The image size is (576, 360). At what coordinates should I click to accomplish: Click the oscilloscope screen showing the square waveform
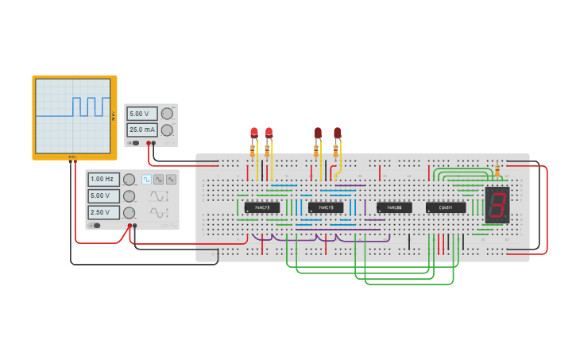point(73,116)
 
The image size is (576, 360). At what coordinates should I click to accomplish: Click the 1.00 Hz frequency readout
point(104,180)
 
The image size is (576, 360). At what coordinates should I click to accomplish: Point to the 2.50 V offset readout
point(104,212)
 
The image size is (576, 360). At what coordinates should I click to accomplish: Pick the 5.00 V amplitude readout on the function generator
point(104,195)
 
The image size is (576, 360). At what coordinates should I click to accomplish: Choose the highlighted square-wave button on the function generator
point(146,180)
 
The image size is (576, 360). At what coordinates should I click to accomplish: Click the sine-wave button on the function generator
point(159,180)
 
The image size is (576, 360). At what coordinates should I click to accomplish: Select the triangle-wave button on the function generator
point(171,180)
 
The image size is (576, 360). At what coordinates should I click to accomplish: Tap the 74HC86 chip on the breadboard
point(394,207)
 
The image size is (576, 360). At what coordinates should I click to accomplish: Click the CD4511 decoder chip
point(446,207)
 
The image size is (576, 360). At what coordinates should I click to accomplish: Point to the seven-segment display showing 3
point(497,205)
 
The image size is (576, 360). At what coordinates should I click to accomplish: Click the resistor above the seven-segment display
point(497,171)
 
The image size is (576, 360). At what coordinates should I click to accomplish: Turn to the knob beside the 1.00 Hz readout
point(129,180)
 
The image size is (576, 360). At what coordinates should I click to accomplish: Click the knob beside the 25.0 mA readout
point(167,130)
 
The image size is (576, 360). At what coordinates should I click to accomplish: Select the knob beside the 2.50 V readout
point(129,212)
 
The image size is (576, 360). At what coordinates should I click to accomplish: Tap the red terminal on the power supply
point(149,143)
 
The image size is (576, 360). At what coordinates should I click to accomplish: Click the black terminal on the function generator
point(134,226)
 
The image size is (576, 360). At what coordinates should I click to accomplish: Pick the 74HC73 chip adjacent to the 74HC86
point(326,207)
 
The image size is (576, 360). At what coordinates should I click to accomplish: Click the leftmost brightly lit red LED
point(254,132)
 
